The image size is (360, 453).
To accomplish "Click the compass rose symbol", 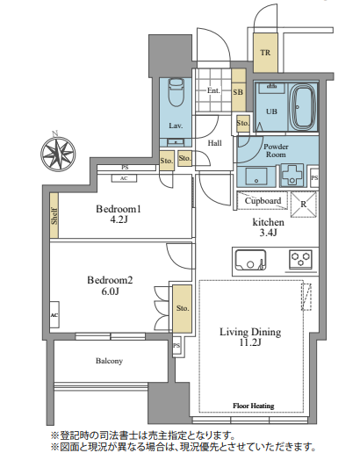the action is coord(58,154).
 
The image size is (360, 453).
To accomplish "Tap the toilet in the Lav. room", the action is coord(176,91).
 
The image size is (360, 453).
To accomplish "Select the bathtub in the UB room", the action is coord(303,107).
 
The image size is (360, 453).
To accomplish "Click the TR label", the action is coord(265,53).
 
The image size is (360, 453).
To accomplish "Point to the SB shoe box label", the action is coord(238,92).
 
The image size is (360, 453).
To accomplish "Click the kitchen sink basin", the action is coord(251,260).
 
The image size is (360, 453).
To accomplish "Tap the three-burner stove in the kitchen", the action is coord(300,259).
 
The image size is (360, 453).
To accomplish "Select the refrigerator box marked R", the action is coord(304,205).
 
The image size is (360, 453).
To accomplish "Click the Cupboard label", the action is coord(263,201).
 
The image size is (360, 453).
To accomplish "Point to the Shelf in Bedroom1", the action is coord(54,215).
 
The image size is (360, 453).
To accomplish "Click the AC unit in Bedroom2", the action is coord(54,314).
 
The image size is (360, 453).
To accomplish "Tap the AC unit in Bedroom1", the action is coord(124,178).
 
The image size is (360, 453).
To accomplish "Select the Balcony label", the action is coord(109,361).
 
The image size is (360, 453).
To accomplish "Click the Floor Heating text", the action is coord(254,406).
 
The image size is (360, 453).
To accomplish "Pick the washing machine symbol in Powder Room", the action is coord(292,176).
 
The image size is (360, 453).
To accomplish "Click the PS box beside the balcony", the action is coord(176,346).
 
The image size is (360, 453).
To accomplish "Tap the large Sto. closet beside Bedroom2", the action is coord(182,308).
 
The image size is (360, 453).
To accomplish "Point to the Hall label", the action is coord(215,143).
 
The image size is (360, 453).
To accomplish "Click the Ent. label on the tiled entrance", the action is coord(213,90).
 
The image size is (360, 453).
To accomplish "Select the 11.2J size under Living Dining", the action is coord(250,342).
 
